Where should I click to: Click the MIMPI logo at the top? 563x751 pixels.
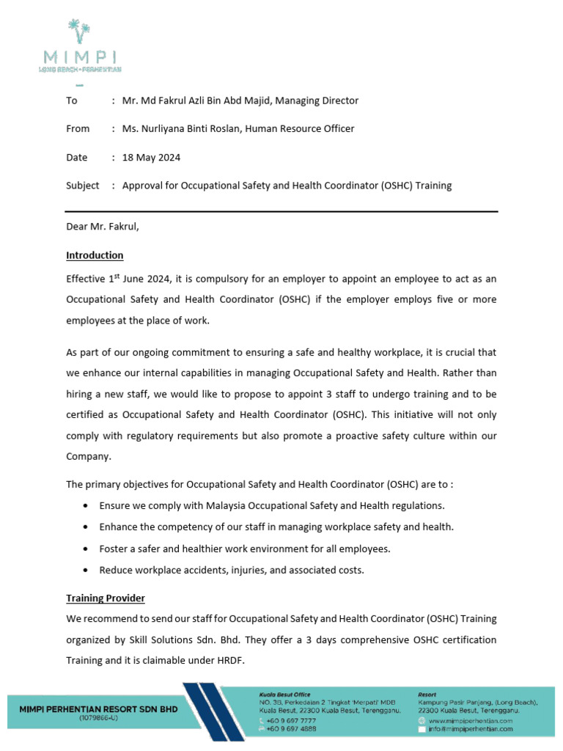pyautogui.click(x=80, y=47)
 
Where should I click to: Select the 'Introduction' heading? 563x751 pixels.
pyautogui.click(x=95, y=255)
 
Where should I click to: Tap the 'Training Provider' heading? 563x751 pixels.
pyautogui.click(x=106, y=598)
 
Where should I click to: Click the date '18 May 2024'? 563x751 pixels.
pyautogui.click(x=151, y=157)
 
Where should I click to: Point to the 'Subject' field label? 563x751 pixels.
pyautogui.click(x=82, y=186)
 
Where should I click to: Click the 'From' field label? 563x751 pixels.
pyautogui.click(x=78, y=128)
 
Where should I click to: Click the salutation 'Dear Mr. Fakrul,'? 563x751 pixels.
pyautogui.click(x=102, y=227)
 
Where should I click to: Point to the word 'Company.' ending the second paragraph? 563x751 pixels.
pyautogui.click(x=89, y=455)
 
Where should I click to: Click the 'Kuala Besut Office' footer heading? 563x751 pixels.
pyautogui.click(x=285, y=694)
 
